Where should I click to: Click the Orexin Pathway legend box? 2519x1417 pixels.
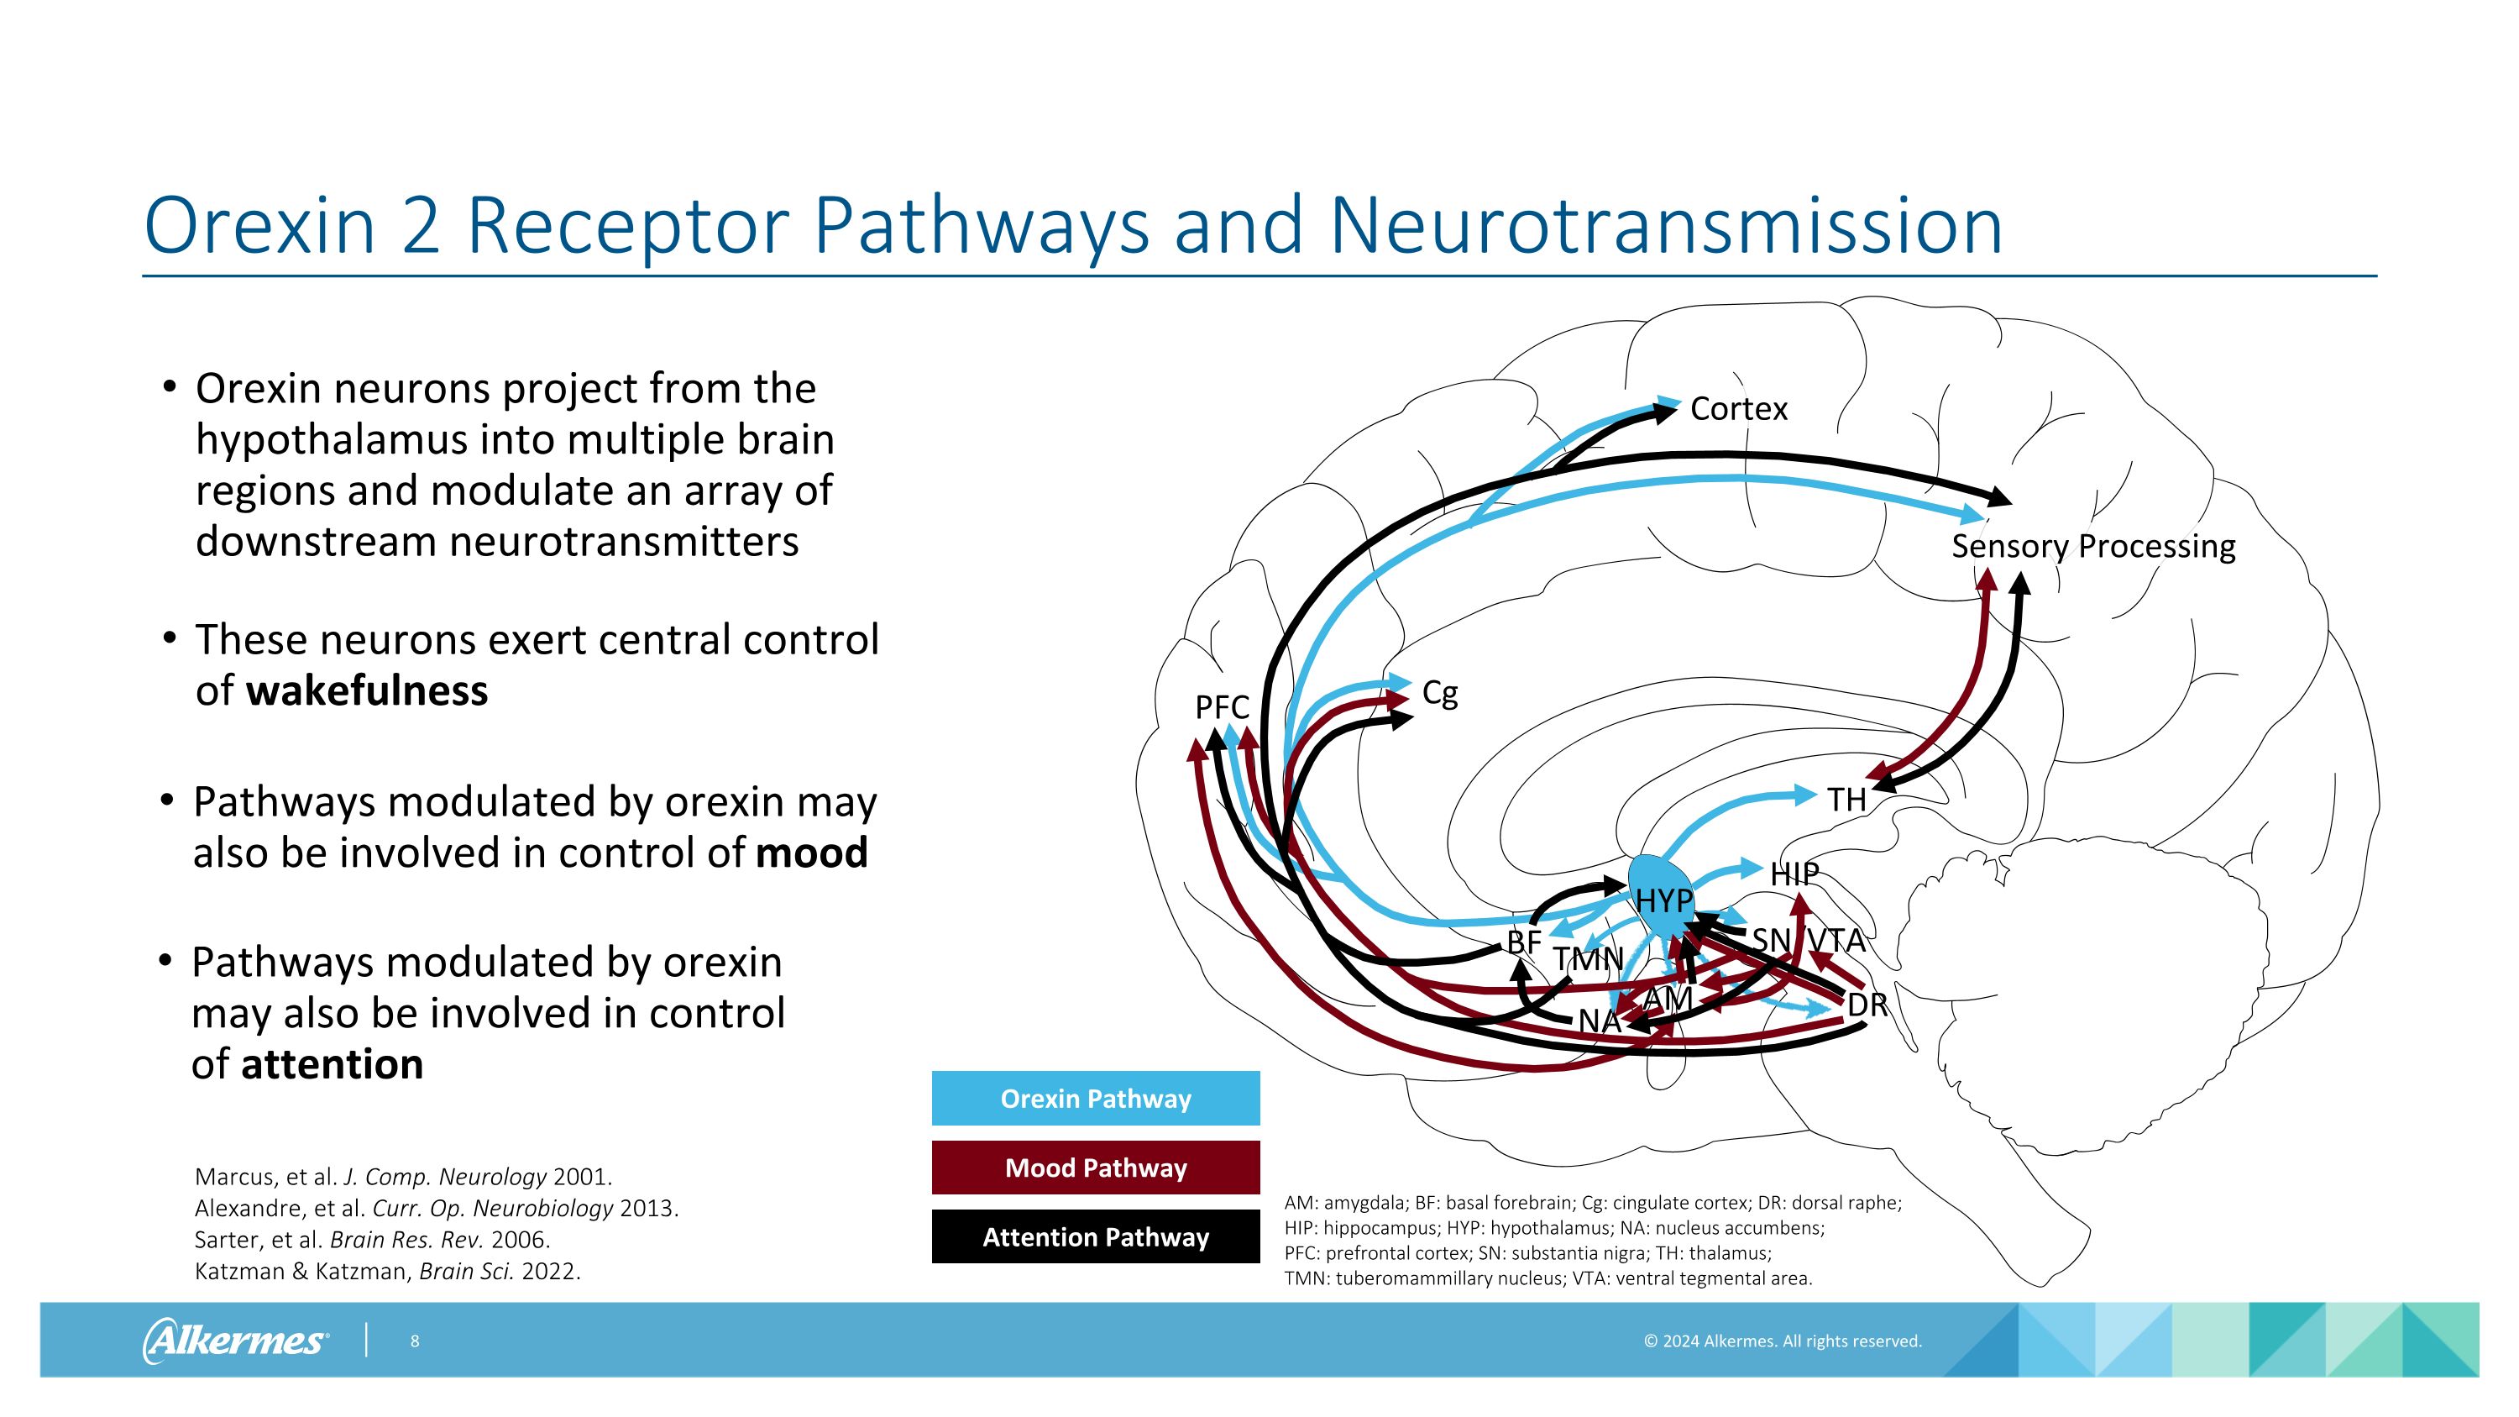(x=1095, y=1098)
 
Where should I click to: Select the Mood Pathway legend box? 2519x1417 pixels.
(x=1095, y=1168)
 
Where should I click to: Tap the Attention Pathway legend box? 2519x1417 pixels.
(x=1095, y=1237)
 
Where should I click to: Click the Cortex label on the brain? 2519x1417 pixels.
(x=1737, y=409)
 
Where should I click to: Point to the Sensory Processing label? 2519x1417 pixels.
(x=2092, y=546)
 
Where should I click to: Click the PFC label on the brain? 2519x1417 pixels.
(x=1222, y=707)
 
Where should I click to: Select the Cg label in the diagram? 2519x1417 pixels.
(x=1439, y=692)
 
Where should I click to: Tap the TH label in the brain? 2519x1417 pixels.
(x=1846, y=800)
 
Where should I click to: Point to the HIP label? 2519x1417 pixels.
(x=1794, y=874)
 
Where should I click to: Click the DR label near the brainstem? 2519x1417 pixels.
(x=1866, y=1005)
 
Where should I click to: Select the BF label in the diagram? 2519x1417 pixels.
(x=1523, y=942)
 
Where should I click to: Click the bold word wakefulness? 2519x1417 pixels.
(x=367, y=690)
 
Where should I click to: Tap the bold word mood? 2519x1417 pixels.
(x=812, y=853)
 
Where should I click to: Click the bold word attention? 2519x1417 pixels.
(x=333, y=1064)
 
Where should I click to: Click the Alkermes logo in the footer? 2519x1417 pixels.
(x=235, y=1340)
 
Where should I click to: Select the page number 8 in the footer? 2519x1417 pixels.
(x=415, y=1341)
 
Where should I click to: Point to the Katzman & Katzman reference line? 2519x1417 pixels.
(x=387, y=1272)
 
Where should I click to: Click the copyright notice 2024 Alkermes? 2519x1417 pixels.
(x=1782, y=1341)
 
